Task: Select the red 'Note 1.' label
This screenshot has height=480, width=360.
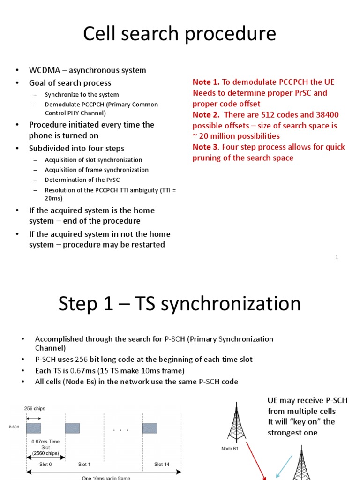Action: pyautogui.click(x=206, y=82)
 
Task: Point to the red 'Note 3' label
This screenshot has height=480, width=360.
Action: pyautogui.click(x=206, y=147)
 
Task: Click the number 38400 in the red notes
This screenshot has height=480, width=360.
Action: pyautogui.click(x=326, y=115)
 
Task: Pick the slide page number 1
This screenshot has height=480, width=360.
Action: pyautogui.click(x=337, y=257)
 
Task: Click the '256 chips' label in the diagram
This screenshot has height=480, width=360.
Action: pyautogui.click(x=35, y=408)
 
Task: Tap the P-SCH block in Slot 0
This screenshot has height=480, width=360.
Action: pyautogui.click(x=33, y=427)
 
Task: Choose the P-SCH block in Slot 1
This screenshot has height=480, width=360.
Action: pyautogui.click(x=72, y=427)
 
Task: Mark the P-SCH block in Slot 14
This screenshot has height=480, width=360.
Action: pyautogui.click(x=150, y=427)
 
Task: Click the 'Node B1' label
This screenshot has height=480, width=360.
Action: pyautogui.click(x=231, y=448)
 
